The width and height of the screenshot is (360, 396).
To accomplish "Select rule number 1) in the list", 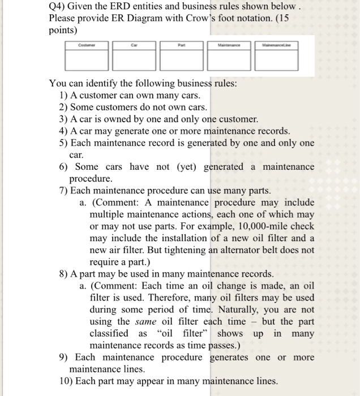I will tap(64, 95).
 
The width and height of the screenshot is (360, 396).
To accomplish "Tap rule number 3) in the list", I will tap(64, 119).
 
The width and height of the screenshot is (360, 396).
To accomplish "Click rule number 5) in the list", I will tap(64, 143).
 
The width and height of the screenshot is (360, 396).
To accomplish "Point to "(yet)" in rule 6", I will tap(178, 167).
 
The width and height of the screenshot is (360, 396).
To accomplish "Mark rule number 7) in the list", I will tap(64, 190).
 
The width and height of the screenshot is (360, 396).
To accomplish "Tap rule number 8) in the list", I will tap(64, 274).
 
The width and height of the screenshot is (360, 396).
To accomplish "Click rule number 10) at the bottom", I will tap(66, 381).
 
